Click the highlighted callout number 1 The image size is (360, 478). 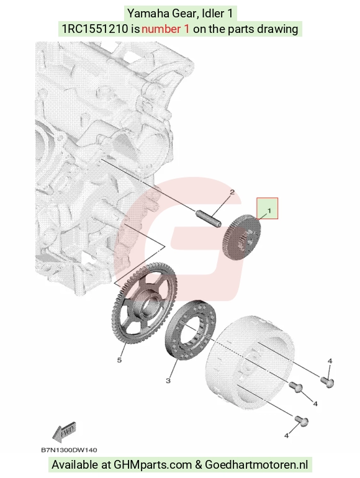point(269,210)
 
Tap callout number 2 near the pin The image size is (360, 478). point(232,192)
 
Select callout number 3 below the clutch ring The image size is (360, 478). point(168,381)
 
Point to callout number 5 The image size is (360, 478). point(120,360)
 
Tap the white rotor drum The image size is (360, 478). point(251,363)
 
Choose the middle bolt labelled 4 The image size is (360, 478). point(295,387)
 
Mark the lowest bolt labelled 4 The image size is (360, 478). point(302,421)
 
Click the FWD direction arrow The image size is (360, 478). point(63,432)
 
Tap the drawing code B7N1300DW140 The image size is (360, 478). point(69,450)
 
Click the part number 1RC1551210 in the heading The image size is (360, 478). point(95,29)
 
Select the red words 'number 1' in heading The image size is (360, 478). point(165,29)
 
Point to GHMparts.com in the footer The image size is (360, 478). point(153,465)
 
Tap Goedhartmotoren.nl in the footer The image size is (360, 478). point(256,465)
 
